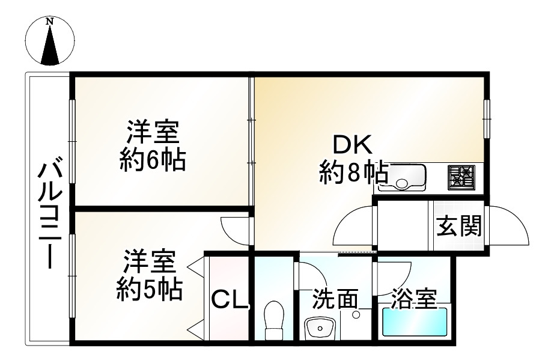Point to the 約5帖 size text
(x=150, y=290)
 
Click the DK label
(x=353, y=145)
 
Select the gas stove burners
(x=461, y=176)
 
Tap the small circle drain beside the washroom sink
(x=356, y=314)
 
